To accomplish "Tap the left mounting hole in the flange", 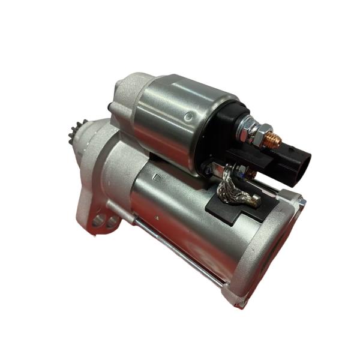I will click(98, 221).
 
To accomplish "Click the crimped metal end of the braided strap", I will click(252, 201).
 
